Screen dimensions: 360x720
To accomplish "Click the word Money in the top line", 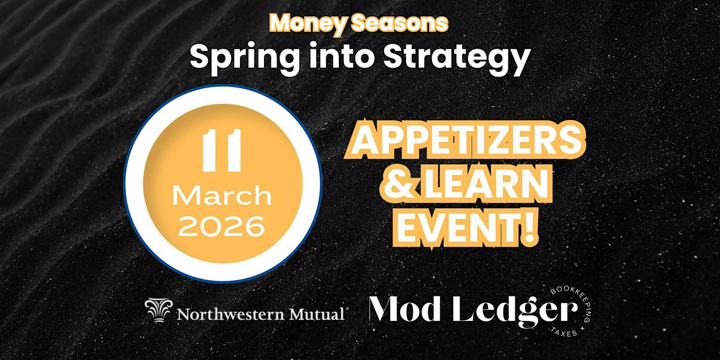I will tap(301, 23).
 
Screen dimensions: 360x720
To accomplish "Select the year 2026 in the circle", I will tap(223, 226).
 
